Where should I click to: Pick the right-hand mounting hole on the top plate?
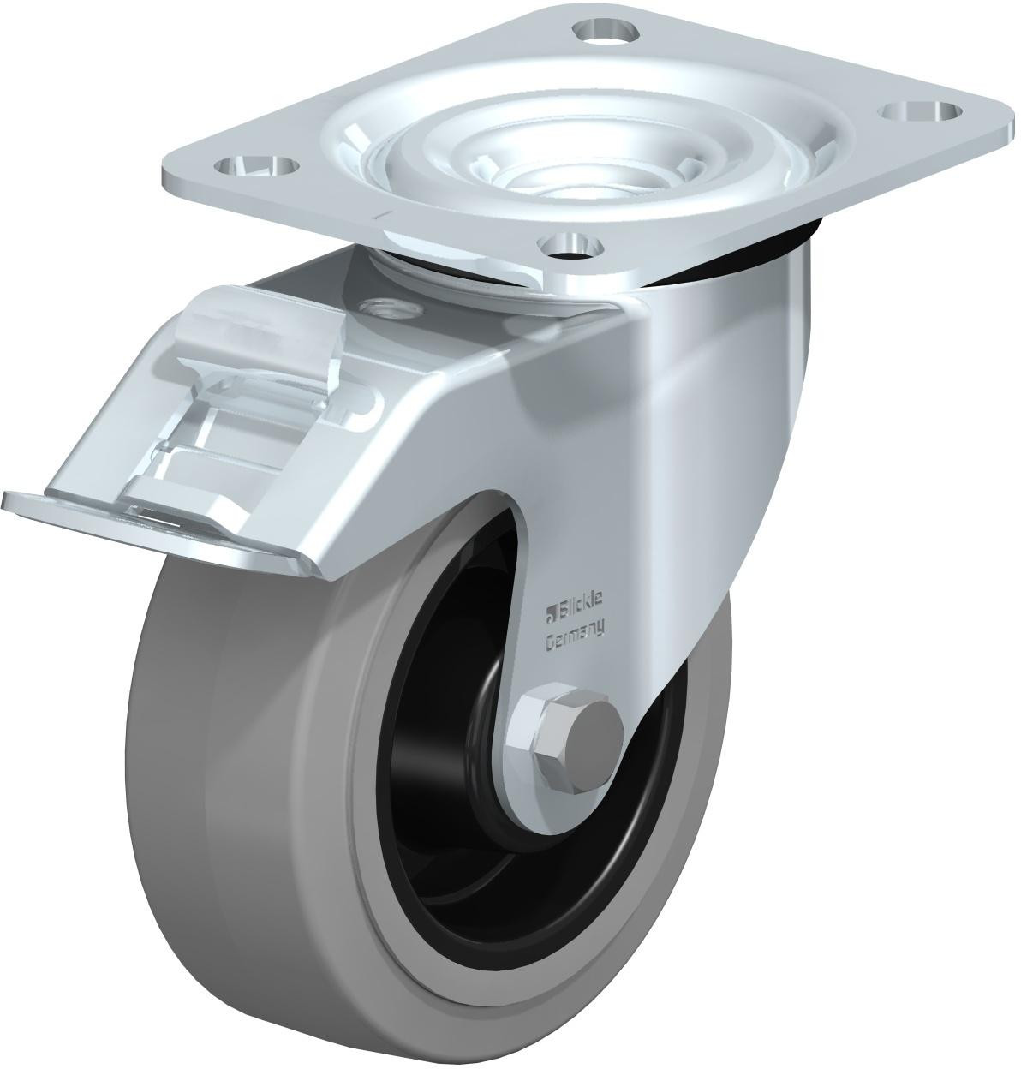tap(916, 112)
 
